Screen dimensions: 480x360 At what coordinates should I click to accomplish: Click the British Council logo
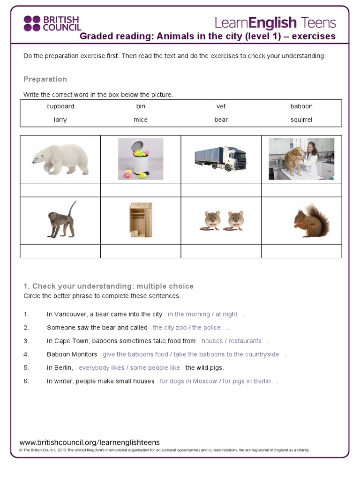point(52,23)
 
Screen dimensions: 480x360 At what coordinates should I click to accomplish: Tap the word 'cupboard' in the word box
point(60,106)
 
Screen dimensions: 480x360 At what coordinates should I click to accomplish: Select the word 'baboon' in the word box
point(301,106)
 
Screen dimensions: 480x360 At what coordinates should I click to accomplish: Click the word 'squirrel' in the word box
point(301,120)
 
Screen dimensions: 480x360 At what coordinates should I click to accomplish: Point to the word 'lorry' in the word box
point(60,120)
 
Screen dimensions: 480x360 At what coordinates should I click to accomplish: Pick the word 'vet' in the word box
point(221,106)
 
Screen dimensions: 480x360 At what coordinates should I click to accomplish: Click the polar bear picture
point(60,159)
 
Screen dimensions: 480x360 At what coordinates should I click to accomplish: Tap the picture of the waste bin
point(141,159)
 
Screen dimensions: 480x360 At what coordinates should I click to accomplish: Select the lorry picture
point(220,159)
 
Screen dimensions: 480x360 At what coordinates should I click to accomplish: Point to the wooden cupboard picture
point(141,220)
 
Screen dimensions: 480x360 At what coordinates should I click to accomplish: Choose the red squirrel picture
point(311,221)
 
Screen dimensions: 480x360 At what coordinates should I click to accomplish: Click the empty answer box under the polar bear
point(60,190)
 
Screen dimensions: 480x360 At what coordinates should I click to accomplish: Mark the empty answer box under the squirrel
point(301,251)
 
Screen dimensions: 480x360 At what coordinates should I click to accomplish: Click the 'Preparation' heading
point(45,79)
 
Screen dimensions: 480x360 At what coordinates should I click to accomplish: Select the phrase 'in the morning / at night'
point(202,315)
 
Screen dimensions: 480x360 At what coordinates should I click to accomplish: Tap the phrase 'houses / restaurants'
point(232,341)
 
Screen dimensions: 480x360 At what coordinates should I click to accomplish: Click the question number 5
point(26,368)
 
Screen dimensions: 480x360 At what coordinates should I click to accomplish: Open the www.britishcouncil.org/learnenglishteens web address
point(90,442)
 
